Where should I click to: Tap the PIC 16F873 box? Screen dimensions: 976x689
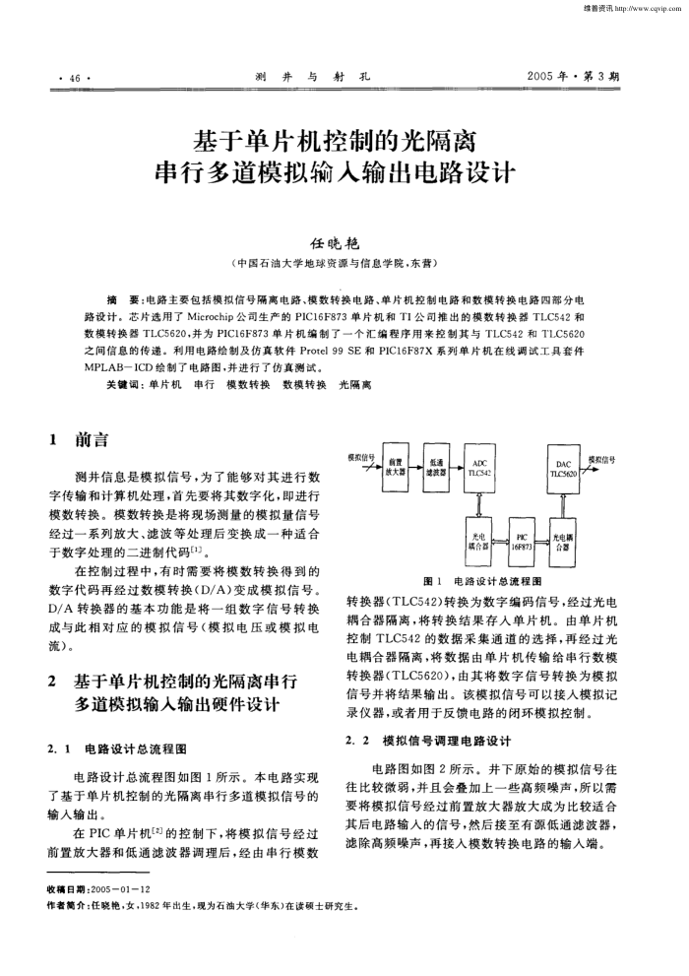(522, 543)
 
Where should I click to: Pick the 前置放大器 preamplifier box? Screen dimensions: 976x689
(397, 467)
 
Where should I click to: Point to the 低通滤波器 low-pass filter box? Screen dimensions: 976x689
(437, 467)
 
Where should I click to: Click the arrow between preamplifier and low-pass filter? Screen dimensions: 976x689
(417, 467)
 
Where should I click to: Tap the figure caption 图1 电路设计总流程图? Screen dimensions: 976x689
(481, 582)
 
